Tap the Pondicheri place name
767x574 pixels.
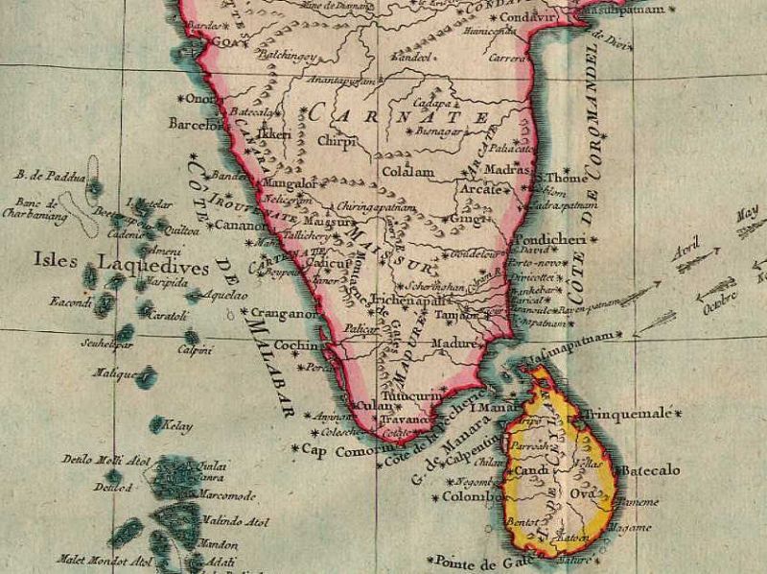tap(545, 240)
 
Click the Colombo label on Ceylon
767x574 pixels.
tap(471, 497)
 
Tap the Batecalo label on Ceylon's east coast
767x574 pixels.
tap(650, 470)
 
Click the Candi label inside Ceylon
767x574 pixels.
tap(530, 471)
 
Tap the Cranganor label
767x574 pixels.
tap(284, 313)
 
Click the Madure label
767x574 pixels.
tap(455, 342)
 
